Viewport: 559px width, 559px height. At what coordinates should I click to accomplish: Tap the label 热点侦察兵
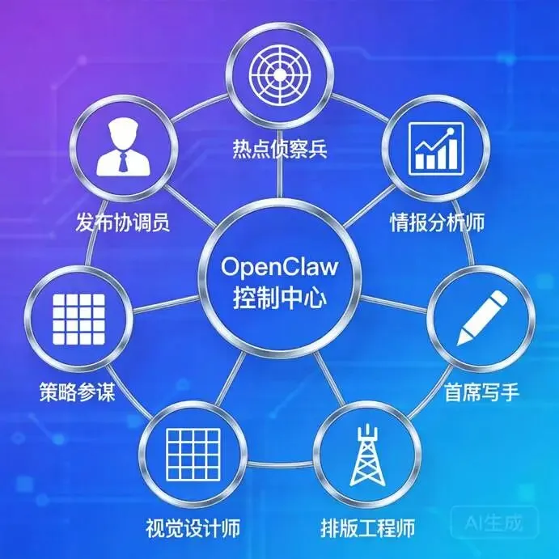coord(279,150)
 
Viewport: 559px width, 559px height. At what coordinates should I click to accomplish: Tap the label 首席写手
coord(481,392)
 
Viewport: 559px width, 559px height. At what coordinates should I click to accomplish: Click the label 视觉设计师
coord(191,530)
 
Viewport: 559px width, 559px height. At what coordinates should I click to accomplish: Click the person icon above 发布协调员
coord(124,146)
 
